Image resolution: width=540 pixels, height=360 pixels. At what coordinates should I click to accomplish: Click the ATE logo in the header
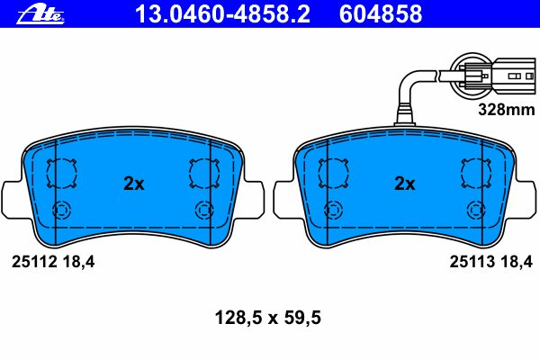(40, 14)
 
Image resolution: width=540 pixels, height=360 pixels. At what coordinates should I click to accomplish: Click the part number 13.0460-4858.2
(222, 14)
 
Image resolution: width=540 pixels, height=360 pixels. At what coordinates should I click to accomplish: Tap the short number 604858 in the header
(381, 14)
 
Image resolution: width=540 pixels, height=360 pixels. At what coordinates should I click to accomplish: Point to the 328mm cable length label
(507, 110)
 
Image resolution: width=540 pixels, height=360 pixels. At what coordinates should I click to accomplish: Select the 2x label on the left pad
(133, 184)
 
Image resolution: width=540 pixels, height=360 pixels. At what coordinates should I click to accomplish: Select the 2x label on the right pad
(405, 184)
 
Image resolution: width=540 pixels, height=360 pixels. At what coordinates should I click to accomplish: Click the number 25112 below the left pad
(34, 262)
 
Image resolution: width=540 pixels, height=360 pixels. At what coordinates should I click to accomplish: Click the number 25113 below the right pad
(472, 262)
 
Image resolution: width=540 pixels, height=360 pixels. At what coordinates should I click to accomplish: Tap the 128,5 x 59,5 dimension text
(268, 318)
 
